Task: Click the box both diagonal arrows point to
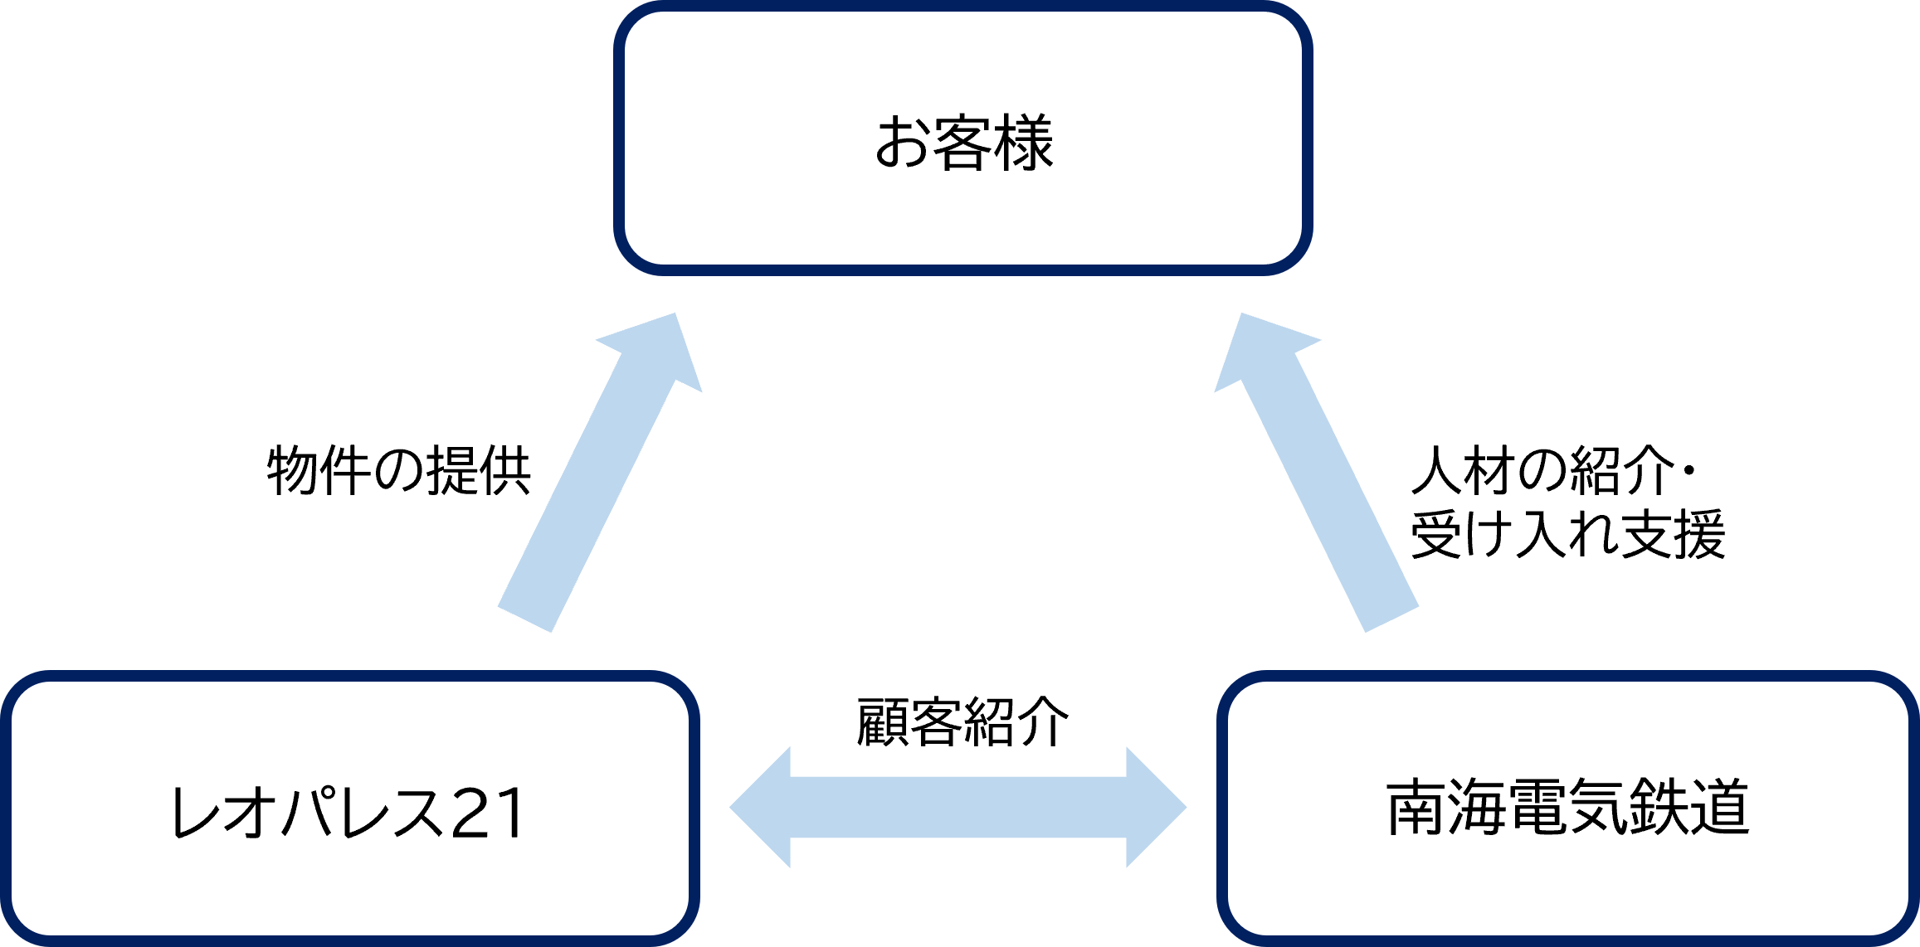962,138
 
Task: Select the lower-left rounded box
349,808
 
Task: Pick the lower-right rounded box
1567,808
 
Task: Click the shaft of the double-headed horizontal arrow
958,807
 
